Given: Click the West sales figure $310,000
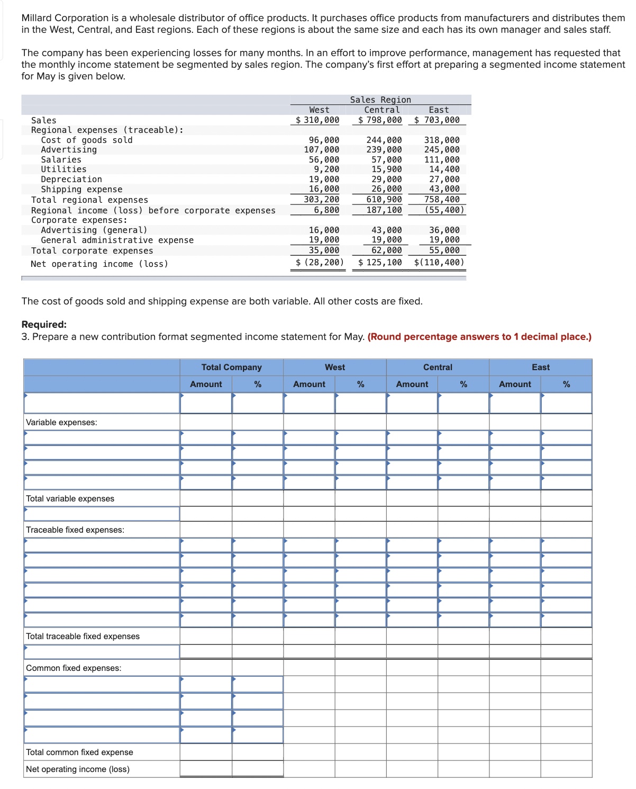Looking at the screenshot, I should pos(317,120).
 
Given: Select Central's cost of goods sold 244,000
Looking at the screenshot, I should pos(384,140).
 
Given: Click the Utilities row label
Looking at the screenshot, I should pos(63,169).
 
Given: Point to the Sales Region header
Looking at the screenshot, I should pos(380,100).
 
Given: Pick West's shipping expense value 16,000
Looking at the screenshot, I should pos(324,189).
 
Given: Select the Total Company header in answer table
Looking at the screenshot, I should pos(231,367).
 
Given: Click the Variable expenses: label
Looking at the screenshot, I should pos(61,423).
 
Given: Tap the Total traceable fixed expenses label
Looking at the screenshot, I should pos(83,636).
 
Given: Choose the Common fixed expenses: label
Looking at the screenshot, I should pos(74,668).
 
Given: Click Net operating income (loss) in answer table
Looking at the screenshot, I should pos(77,769).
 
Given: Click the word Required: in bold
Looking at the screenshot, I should pos(44,325).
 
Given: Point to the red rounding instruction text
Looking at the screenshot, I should pos(479,337).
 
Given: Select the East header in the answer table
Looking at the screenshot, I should pos(540,367).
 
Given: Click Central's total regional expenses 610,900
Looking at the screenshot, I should pos(384,200).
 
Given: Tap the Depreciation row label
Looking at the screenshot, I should pos(71,180).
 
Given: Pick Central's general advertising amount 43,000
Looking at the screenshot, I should pos(386,230).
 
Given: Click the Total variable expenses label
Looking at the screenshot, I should pos(70,499).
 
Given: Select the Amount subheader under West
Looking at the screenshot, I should pos(309,384).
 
